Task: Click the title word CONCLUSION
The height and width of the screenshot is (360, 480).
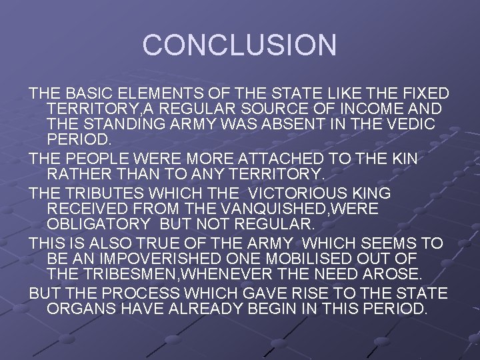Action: pyautogui.click(x=239, y=45)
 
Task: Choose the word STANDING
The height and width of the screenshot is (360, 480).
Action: pyautogui.click(x=125, y=125)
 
